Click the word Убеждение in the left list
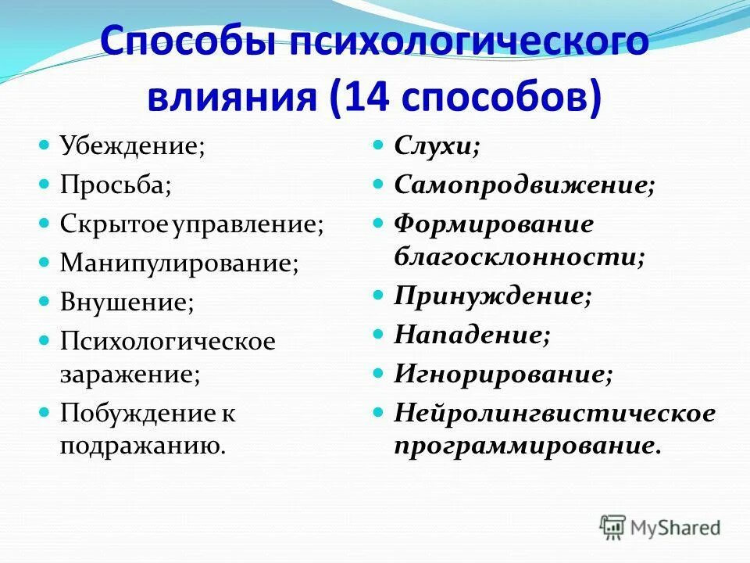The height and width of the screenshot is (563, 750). point(130,147)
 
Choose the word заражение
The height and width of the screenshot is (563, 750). point(127,373)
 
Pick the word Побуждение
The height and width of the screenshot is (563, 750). point(137,413)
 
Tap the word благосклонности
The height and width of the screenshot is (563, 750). point(517,256)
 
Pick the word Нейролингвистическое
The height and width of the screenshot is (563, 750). point(554,413)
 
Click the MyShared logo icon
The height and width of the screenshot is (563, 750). point(612,526)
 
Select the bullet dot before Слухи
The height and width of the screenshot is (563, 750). point(378,145)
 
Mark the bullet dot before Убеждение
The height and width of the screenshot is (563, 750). point(44,145)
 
